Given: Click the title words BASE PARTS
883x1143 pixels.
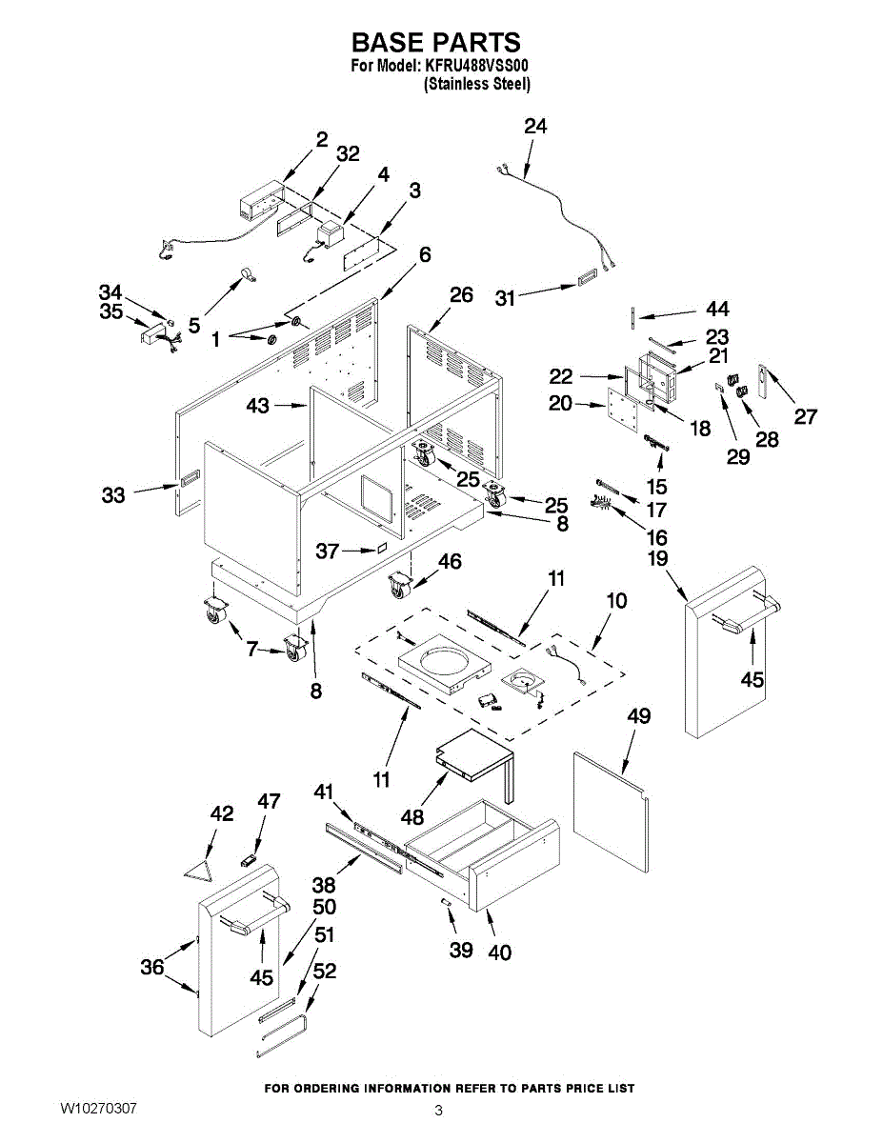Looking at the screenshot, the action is coord(435,42).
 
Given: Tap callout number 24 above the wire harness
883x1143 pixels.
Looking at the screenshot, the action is coord(535,127).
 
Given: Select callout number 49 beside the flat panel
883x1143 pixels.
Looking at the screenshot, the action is coord(639,716).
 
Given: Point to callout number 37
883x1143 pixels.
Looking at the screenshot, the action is coord(327,551).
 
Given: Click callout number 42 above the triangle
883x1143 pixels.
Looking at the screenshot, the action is coord(221,813).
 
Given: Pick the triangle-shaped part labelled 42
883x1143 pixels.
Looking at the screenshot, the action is coord(199,869).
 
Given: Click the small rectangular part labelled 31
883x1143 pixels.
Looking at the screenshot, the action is coord(587,279).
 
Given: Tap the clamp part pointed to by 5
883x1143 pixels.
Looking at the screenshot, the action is coord(247,275).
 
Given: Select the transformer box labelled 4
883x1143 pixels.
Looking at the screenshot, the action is coord(330,236).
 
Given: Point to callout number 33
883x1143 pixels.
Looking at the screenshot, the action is coord(113,495).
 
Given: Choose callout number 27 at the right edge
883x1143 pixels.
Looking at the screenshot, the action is coord(805,416).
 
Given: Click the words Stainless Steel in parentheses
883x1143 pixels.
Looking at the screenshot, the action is coord(477,84).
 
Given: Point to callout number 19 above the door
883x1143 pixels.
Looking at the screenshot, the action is coord(658,558).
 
